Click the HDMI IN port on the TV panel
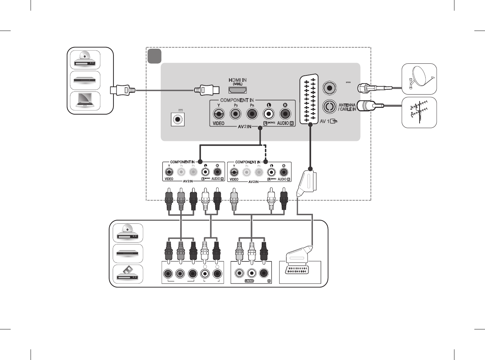[238, 90]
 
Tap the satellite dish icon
[419, 79]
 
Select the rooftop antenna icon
[419, 112]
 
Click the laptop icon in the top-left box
[85, 101]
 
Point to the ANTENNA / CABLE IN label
[347, 107]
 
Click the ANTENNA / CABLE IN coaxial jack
[330, 106]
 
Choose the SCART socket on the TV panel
[309, 99]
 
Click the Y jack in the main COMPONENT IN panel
[218, 114]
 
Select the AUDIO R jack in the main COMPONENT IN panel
[285, 114]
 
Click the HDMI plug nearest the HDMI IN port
[207, 90]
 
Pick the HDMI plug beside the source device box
[123, 90]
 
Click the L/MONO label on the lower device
[249, 281]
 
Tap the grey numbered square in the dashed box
[154, 56]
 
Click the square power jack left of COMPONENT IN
[177, 119]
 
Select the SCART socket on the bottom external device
[298, 270]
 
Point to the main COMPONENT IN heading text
[237, 100]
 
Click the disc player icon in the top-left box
[85, 60]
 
